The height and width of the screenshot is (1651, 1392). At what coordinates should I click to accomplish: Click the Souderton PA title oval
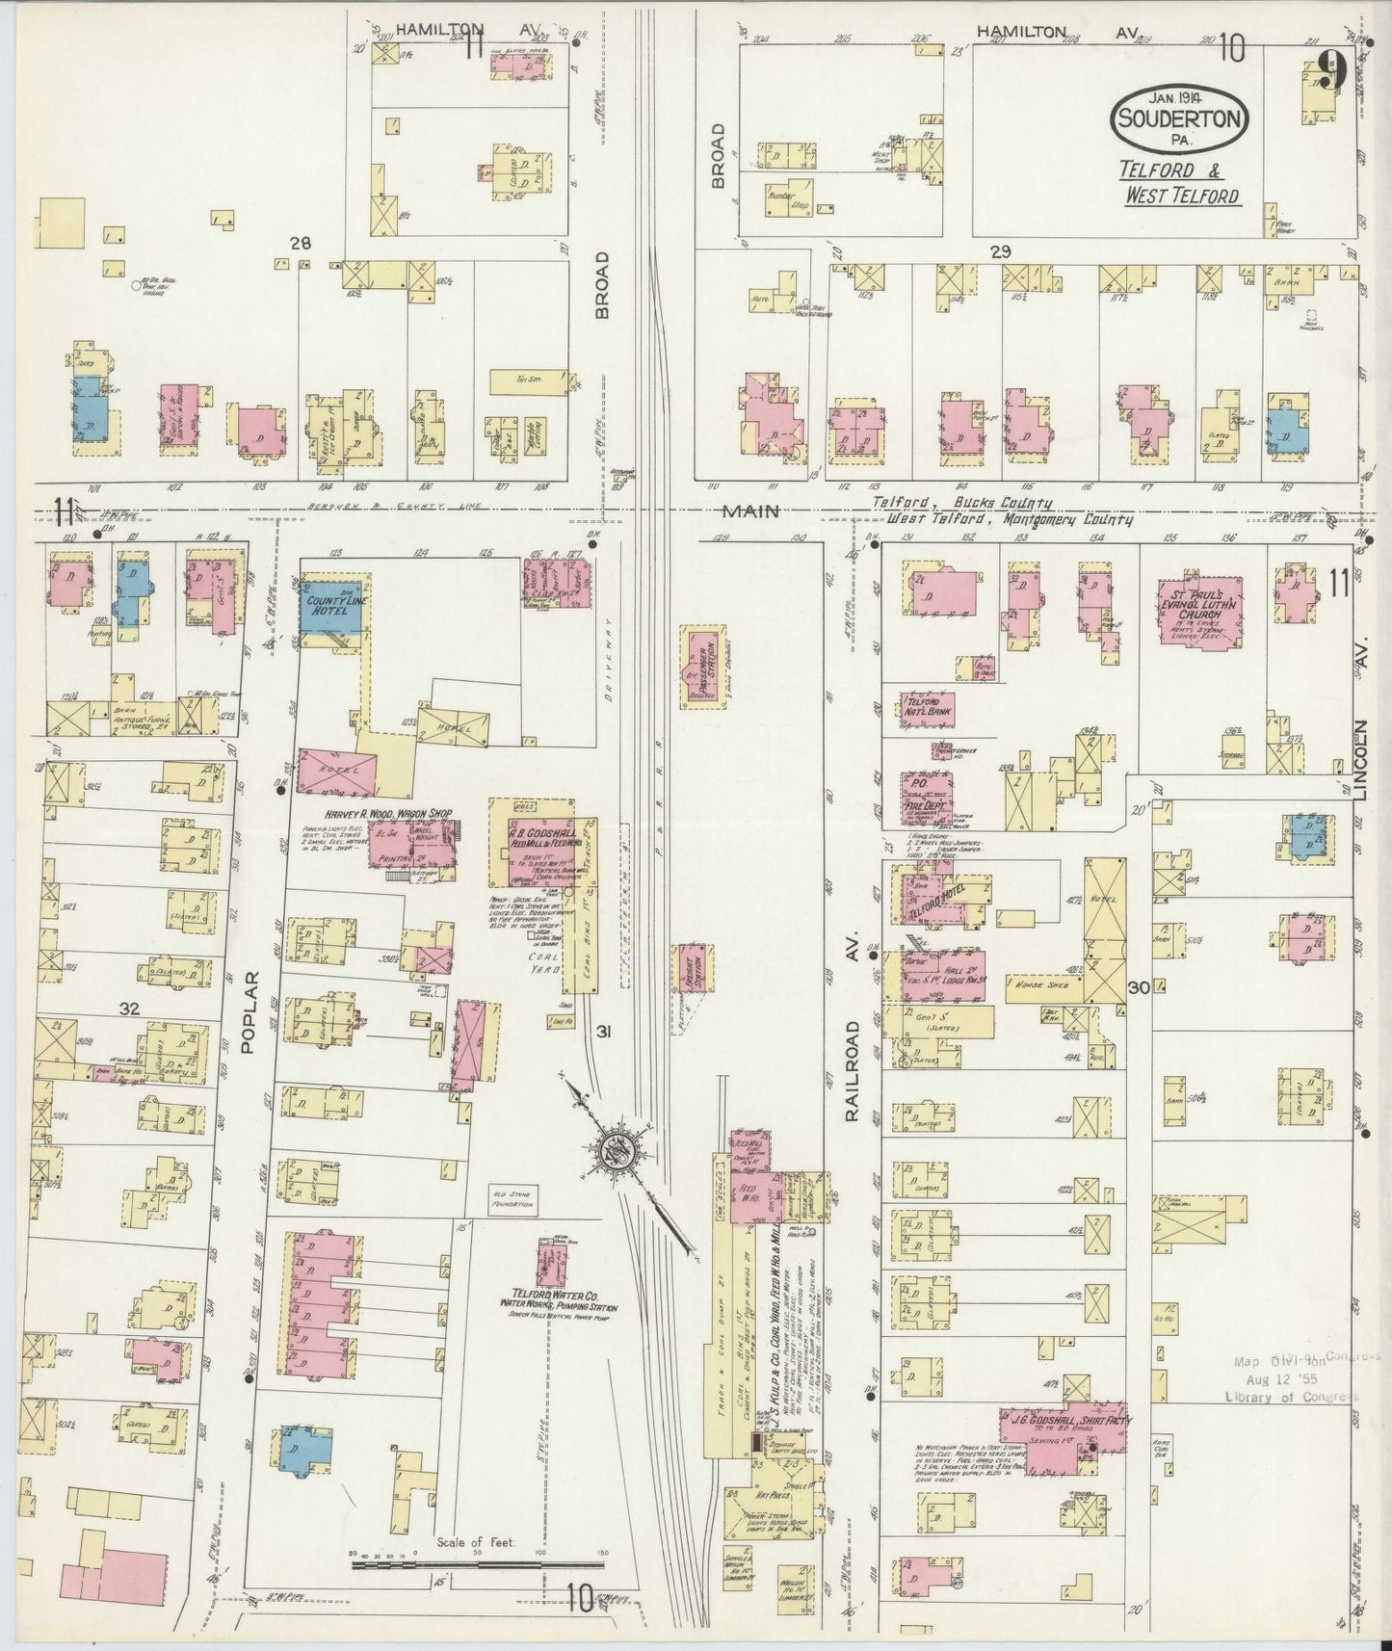coord(1181,118)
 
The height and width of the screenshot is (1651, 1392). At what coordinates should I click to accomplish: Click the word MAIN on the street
coord(752,511)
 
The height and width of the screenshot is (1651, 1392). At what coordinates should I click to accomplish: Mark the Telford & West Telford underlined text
coord(1179,183)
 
